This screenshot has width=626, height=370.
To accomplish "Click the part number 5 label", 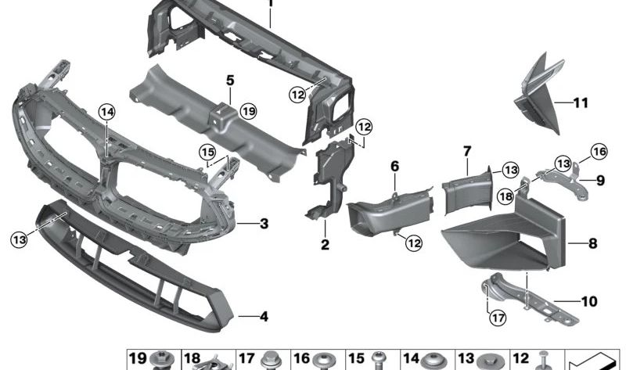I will point(230,80).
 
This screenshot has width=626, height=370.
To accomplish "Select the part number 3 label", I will point(264,224).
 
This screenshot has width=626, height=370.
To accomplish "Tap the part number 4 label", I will point(264,317).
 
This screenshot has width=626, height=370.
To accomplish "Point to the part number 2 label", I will point(325,246).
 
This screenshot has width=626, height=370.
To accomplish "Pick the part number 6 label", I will point(394,166).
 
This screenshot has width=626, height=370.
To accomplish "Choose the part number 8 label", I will point(592,243).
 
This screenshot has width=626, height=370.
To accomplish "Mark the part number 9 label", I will point(600,180).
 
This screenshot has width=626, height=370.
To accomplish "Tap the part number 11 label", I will point(580,102).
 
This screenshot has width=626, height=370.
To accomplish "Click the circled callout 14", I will point(106,113).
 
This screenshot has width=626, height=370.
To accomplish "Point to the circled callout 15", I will point(207,151).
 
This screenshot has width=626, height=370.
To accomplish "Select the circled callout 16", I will point(599,152).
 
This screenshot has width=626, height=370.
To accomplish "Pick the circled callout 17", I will point(496,317).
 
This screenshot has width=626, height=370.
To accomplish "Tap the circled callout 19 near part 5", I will point(249,111).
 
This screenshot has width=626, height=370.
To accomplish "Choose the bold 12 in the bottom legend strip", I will point(520,358).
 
